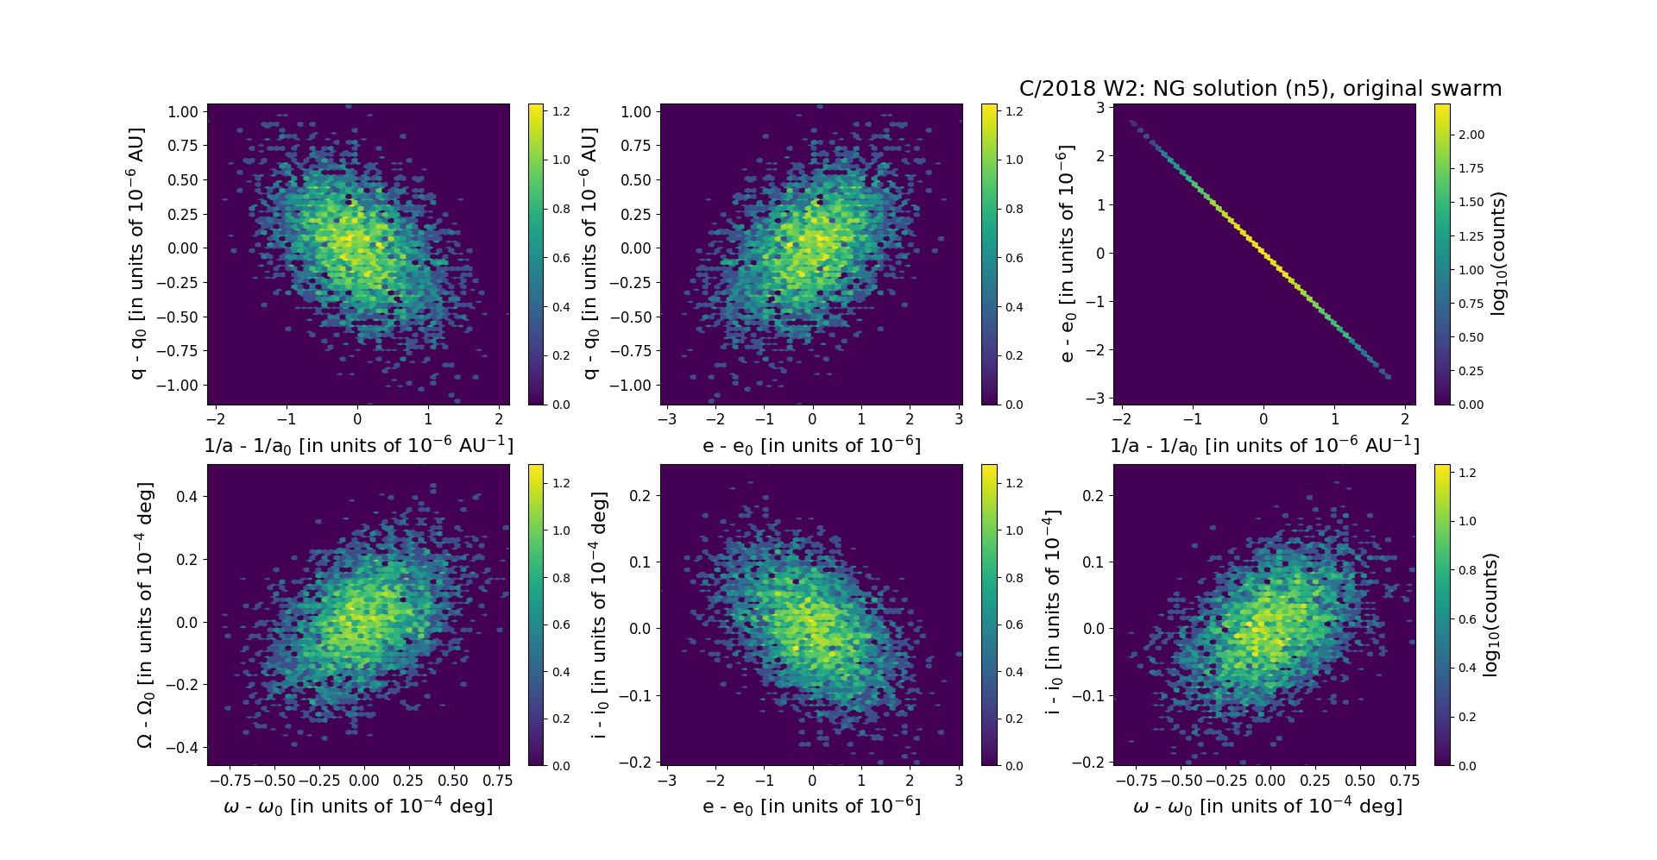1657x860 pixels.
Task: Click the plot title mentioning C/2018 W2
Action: pyautogui.click(x=1260, y=89)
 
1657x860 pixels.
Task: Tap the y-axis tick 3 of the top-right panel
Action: pyautogui.click(x=1100, y=108)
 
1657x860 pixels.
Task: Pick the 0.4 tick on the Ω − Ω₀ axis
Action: pyautogui.click(x=187, y=496)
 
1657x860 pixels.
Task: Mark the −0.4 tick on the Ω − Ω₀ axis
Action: pyautogui.click(x=183, y=748)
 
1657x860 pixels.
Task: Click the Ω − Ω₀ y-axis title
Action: pyautogui.click(x=145, y=614)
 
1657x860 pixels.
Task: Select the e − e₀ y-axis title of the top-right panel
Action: pyautogui.click(x=1068, y=254)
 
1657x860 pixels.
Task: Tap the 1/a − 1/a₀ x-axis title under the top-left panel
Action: pyautogui.click(x=358, y=445)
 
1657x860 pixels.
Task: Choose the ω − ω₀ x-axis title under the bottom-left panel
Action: pyautogui.click(x=358, y=806)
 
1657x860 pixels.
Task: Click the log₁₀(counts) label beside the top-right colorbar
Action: pyautogui.click(x=1498, y=254)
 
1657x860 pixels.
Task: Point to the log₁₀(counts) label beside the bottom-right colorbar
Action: pyautogui.click(x=1490, y=614)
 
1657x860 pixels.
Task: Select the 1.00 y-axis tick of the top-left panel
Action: pyautogui.click(x=183, y=112)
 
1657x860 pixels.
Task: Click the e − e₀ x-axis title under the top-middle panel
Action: pyautogui.click(x=811, y=445)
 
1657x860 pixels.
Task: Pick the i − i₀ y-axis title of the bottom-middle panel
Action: pyautogui.click(x=599, y=614)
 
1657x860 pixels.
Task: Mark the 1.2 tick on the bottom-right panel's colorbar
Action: pyautogui.click(x=1467, y=473)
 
